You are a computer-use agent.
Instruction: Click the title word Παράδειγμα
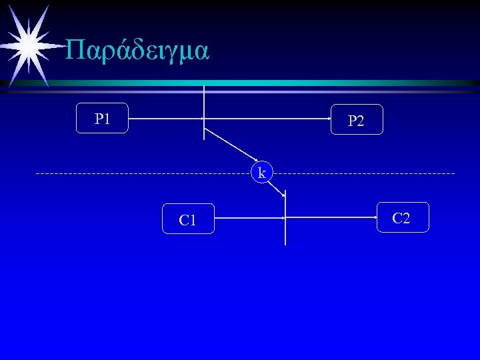138,51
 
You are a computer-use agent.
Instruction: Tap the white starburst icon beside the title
28,45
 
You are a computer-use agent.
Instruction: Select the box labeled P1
102,119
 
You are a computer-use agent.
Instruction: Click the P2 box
357,120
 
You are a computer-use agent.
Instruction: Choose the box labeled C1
188,219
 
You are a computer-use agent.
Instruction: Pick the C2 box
402,217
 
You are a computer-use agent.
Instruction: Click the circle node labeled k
262,173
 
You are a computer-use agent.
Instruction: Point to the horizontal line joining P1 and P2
267,119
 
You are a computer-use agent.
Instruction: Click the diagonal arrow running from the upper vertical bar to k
227,144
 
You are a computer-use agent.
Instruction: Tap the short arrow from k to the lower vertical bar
276,188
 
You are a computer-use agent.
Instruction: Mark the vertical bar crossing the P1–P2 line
204,100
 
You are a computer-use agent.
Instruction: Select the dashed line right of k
367,173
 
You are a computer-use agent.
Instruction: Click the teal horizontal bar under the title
267,83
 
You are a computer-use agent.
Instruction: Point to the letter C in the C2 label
397,217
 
